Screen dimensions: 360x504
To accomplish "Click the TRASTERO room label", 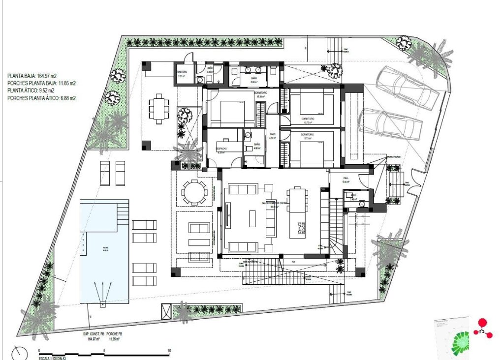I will tap(182, 72).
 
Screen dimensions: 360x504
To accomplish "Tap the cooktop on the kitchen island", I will tap(301, 228).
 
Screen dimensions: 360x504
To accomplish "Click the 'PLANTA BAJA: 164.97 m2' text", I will tap(32, 76).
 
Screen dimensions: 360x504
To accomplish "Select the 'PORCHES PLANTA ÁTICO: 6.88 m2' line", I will tap(42, 98).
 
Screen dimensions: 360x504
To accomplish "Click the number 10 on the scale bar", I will tap(169, 351).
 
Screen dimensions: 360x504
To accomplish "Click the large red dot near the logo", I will tap(482, 323).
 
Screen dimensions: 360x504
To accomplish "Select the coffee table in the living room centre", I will tap(252, 218).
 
